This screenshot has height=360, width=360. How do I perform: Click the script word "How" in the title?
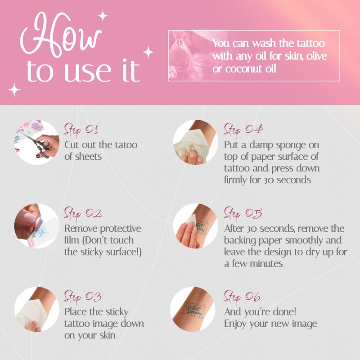tap(60, 35)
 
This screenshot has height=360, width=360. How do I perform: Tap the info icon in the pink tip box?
tap(179, 43)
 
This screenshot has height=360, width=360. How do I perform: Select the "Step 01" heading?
tap(81, 130)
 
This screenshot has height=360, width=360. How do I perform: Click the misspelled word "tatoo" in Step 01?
tap(126, 145)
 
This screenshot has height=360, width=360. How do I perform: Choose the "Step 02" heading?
tap(83, 213)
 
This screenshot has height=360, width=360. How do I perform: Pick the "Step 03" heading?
tap(83, 297)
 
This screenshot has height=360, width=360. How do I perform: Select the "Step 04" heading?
tap(243, 130)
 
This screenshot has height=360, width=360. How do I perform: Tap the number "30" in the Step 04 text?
tap(269, 180)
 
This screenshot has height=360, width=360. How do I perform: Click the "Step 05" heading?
tap(243, 213)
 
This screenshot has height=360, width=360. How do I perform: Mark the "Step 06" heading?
tap(242, 297)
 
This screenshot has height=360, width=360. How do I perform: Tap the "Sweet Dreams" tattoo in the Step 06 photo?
tap(193, 310)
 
